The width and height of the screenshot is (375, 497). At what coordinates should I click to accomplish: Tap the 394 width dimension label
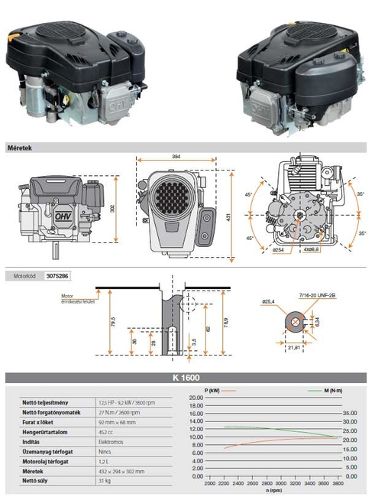pos(177,157)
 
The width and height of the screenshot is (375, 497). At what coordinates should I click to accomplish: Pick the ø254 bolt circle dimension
pos(279,249)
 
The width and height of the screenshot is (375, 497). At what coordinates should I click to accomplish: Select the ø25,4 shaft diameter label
pos(268,301)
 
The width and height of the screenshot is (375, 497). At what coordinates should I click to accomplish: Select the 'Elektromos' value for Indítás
pos(115,440)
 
